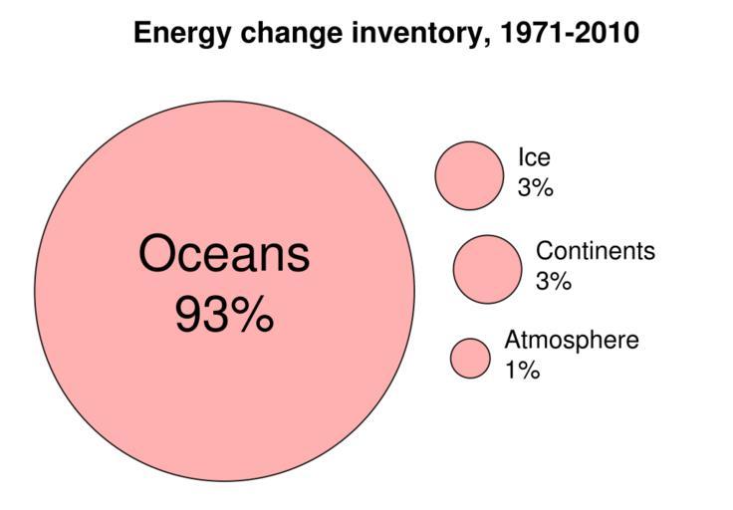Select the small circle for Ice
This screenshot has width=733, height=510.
click(x=469, y=175)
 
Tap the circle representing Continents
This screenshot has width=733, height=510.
click(x=487, y=268)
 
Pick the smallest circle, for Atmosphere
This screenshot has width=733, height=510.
click(x=470, y=359)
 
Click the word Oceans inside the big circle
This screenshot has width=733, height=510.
click(x=224, y=254)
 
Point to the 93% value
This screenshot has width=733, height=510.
click(x=224, y=317)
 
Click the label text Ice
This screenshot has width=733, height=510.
click(x=533, y=157)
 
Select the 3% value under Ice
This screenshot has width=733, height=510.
click(x=535, y=187)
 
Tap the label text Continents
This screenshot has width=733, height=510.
click(x=596, y=251)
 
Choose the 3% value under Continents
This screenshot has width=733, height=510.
click(x=554, y=282)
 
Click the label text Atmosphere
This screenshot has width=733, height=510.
click(x=572, y=340)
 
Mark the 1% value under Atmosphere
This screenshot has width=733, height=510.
click(x=522, y=371)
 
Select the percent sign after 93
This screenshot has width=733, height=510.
click(x=254, y=317)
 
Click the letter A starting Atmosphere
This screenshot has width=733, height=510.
click(x=513, y=340)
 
